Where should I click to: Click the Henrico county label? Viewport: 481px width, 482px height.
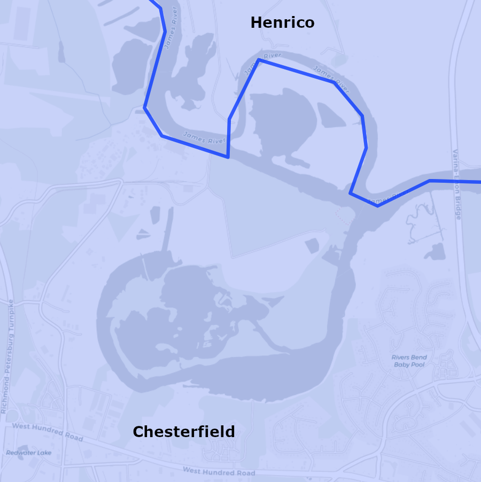[x=282, y=23]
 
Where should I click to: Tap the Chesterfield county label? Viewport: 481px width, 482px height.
[x=184, y=432]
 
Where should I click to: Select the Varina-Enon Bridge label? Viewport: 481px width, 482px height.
[x=457, y=184]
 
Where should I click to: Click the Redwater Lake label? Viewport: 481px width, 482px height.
[x=29, y=453]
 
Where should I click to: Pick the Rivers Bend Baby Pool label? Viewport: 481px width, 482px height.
[x=409, y=361]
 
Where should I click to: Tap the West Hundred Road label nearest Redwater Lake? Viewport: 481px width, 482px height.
[x=48, y=432]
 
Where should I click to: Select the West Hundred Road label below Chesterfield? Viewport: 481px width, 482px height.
[x=219, y=472]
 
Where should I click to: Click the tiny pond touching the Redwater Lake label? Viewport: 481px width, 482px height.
[x=23, y=448]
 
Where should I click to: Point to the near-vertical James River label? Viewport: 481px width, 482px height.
[x=170, y=28]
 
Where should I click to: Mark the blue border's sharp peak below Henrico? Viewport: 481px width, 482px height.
[x=259, y=60]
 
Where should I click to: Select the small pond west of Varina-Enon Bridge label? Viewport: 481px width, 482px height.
[x=436, y=251]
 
